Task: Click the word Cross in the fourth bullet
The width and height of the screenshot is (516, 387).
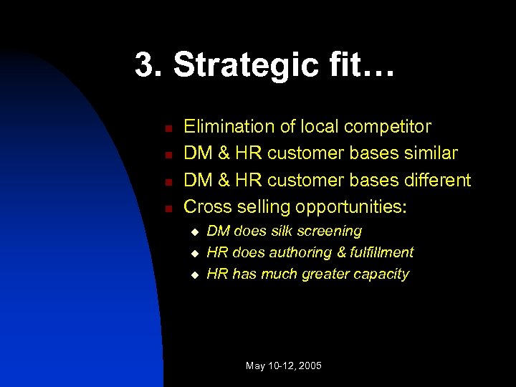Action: pyautogui.click(x=206, y=206)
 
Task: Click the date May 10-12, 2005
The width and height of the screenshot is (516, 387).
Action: pyautogui.click(x=284, y=365)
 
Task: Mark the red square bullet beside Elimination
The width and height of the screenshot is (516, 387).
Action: pyautogui.click(x=165, y=129)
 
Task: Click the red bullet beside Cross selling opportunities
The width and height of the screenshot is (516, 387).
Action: pyautogui.click(x=165, y=209)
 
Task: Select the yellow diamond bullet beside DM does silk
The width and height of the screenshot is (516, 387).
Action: pyautogui.click(x=193, y=233)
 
